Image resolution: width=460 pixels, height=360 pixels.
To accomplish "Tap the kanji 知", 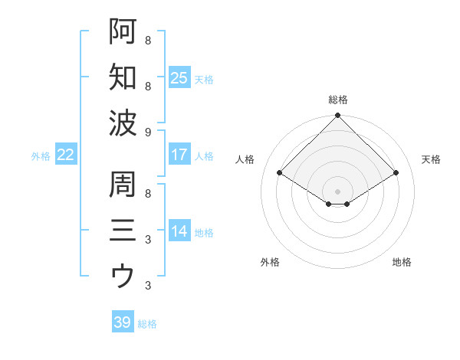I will point(123,77).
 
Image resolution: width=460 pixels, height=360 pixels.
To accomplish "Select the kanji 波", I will point(123,122).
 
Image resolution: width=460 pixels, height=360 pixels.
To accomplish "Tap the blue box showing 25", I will point(179,77).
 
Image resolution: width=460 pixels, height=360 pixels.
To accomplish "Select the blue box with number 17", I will point(179,155).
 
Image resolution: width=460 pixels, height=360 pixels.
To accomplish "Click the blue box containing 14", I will point(179,231).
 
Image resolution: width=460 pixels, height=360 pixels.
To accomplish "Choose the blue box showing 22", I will point(66,155).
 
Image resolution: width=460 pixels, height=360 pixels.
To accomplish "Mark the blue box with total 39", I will point(122,322).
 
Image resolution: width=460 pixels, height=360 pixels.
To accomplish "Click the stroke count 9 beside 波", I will point(147,132).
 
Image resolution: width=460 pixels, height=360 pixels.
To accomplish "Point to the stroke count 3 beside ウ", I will point(147,286).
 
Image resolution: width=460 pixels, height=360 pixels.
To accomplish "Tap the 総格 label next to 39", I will point(147,324).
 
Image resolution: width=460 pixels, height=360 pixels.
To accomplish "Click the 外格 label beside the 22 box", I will point(41,156).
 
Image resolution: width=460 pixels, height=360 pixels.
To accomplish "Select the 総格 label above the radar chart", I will point(337,100).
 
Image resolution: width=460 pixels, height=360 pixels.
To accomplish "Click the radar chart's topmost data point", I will point(337,116).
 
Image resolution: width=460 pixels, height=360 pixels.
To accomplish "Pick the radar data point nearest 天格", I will point(396,173).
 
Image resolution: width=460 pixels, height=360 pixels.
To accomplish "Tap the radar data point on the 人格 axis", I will point(280,173).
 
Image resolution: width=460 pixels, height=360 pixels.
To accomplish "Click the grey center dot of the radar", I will point(337,191).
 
